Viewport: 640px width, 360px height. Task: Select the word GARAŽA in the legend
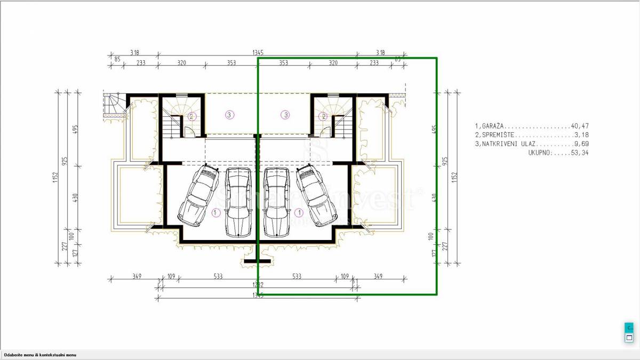pos(492,126)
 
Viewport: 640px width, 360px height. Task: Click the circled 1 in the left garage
pos(216,212)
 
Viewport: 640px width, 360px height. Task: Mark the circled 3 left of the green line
pos(229,114)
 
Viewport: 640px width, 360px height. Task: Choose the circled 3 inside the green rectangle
pos(286,114)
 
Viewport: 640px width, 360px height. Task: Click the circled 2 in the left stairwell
pos(192,116)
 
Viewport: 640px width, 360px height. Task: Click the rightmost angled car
pos(317,194)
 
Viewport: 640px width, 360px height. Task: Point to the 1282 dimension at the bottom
pos(258,285)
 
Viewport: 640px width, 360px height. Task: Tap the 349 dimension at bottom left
pos(136,276)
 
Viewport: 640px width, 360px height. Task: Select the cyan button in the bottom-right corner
pos(629,327)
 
